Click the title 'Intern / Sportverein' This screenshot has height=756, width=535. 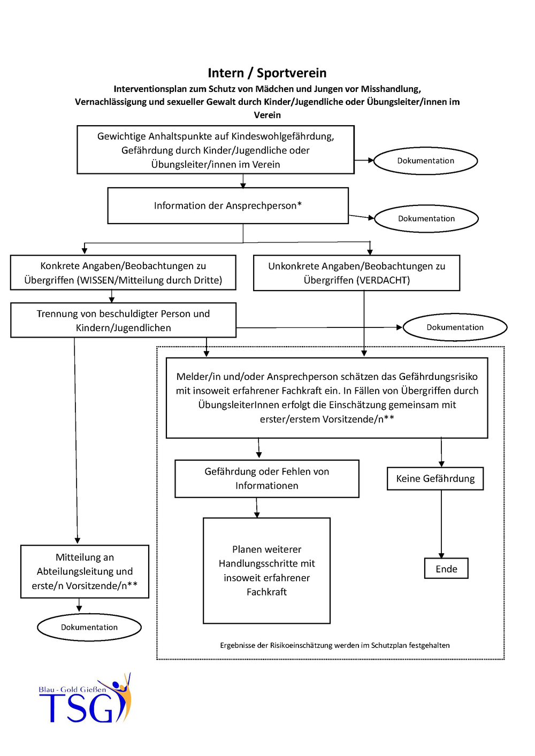click(267, 73)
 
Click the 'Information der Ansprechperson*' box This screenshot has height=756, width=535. click(228, 205)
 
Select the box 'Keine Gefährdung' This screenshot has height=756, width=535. click(435, 478)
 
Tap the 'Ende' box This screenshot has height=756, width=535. click(446, 569)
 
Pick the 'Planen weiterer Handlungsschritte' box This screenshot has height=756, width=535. click(266, 570)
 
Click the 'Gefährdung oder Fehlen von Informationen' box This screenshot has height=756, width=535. click(266, 478)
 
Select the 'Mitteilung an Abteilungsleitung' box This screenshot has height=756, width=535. click(85, 571)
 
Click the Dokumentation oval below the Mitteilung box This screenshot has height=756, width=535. click(89, 627)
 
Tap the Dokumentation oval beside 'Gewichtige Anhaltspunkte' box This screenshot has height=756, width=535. click(426, 161)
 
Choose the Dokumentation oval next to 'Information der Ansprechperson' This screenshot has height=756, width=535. click(426, 219)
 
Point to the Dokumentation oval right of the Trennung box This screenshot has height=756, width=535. click(455, 327)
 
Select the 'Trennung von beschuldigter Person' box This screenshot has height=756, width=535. click(123, 320)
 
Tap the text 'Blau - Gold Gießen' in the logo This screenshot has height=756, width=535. click(72, 690)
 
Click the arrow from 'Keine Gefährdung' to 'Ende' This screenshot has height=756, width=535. click(441, 524)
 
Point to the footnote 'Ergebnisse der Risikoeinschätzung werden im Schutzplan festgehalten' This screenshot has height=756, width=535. click(335, 645)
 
